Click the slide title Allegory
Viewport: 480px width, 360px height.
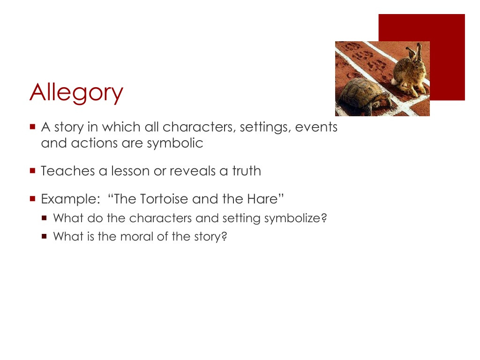click(76, 93)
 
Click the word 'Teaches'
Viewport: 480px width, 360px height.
click(68, 171)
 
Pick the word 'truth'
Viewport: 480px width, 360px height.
click(247, 171)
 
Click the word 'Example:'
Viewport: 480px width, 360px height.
click(71, 199)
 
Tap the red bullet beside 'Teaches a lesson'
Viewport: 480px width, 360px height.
click(33, 171)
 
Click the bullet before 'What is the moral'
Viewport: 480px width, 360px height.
click(45, 236)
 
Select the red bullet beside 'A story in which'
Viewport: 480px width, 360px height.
click(33, 127)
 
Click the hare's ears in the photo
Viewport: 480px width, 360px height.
click(414, 52)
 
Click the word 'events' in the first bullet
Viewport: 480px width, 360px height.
click(316, 127)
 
